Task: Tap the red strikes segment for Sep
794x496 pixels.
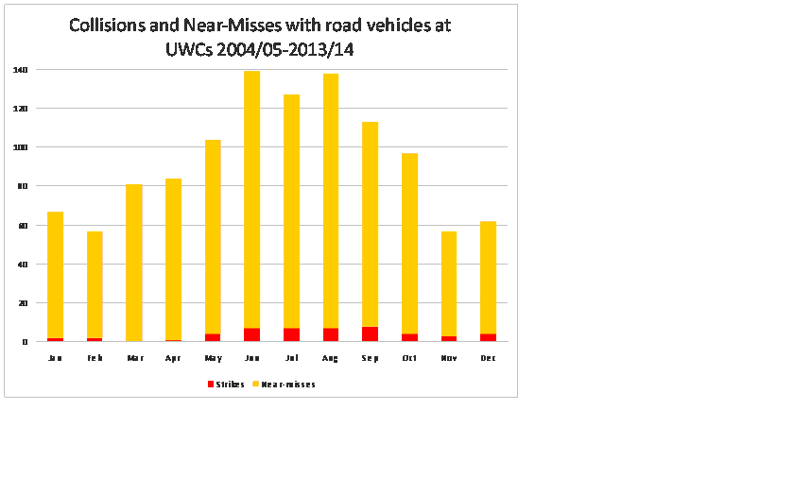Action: (x=370, y=334)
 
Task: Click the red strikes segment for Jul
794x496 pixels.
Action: (x=291, y=334)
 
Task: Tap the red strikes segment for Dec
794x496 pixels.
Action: (x=489, y=337)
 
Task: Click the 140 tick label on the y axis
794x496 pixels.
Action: (x=20, y=70)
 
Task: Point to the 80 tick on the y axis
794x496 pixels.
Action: (x=22, y=186)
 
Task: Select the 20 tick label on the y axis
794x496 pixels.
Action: (x=22, y=303)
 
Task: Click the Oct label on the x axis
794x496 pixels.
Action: (x=409, y=358)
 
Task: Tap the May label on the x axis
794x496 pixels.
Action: (x=213, y=358)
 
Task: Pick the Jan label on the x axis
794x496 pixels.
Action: (x=55, y=358)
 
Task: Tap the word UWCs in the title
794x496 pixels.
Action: (x=188, y=49)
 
